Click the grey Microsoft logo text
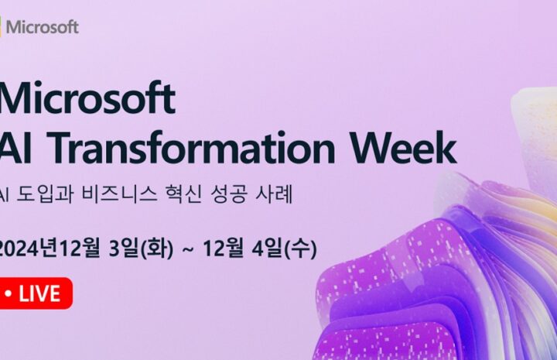click(43, 27)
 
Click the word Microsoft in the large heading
click(87, 98)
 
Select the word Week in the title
click(404, 147)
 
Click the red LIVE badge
click(36, 293)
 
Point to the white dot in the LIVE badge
click(9, 293)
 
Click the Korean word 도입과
click(45, 194)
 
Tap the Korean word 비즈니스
click(119, 194)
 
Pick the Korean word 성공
click(228, 194)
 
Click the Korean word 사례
click(274, 194)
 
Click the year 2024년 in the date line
click(29, 248)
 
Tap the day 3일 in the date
click(123, 248)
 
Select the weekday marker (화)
click(157, 249)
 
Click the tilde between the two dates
click(188, 249)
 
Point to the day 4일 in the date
click(266, 248)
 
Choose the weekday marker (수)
click(300, 249)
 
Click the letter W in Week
click(373, 147)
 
